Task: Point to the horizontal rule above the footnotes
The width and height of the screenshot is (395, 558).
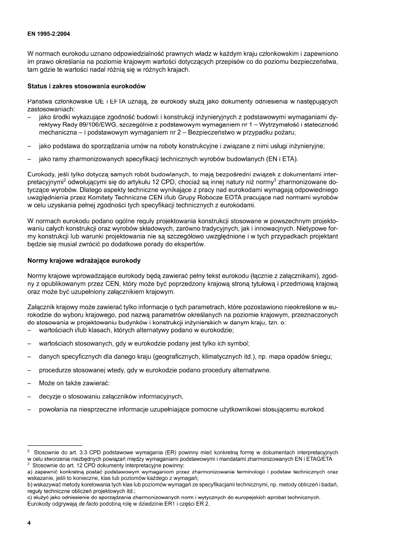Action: [x=55, y=446]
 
